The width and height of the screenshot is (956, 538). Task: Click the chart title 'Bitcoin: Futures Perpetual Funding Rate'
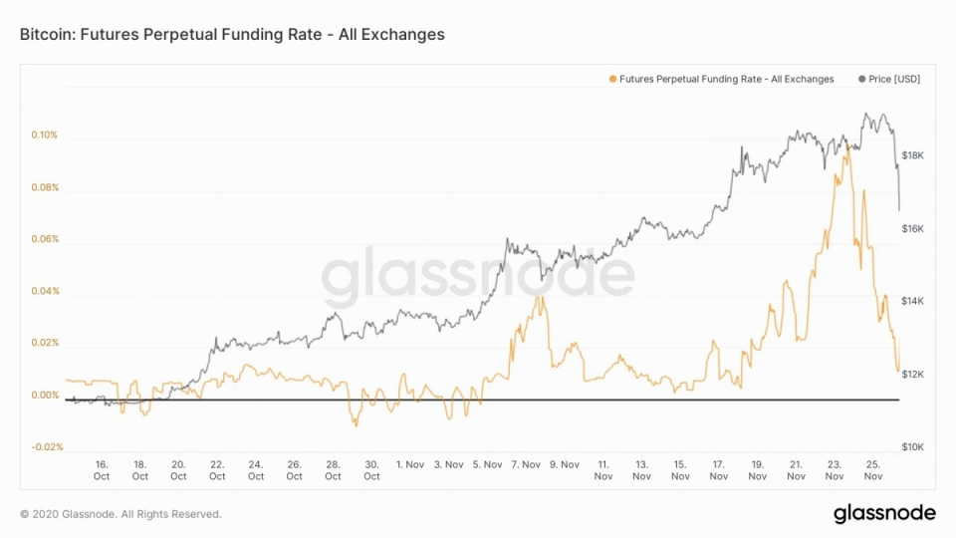coord(232,34)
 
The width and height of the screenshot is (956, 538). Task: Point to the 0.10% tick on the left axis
coord(45,134)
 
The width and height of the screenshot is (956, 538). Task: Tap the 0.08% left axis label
coord(45,187)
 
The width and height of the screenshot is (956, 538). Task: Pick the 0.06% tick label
coord(45,239)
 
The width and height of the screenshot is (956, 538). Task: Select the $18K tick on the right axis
coord(913,155)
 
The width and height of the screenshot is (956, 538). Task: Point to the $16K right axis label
coord(913,228)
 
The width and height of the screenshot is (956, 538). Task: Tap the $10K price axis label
coord(913,447)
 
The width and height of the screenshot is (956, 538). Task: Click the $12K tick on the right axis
coord(913,374)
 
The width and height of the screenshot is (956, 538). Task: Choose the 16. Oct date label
coord(101,469)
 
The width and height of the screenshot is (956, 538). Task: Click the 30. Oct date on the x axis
coord(371,469)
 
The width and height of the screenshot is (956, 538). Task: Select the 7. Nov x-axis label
coord(526,464)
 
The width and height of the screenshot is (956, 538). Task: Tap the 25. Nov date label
coord(873,469)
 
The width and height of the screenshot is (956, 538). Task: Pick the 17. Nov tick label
coord(719,469)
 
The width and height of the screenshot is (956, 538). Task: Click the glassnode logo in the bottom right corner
coord(884,513)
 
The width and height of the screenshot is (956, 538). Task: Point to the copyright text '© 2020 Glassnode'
coord(119,514)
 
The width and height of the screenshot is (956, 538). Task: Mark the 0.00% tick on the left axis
coord(45,396)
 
